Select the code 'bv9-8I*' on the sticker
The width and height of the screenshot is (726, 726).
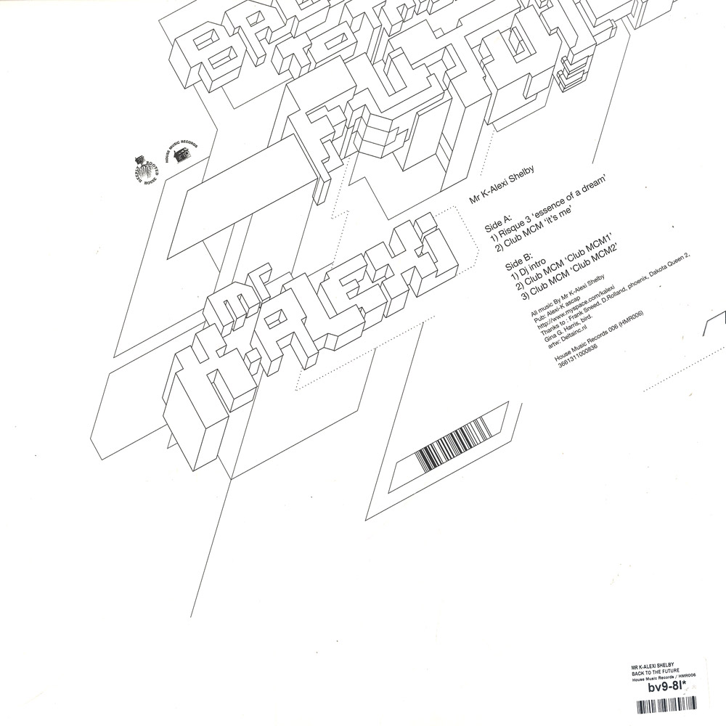(657, 686)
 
